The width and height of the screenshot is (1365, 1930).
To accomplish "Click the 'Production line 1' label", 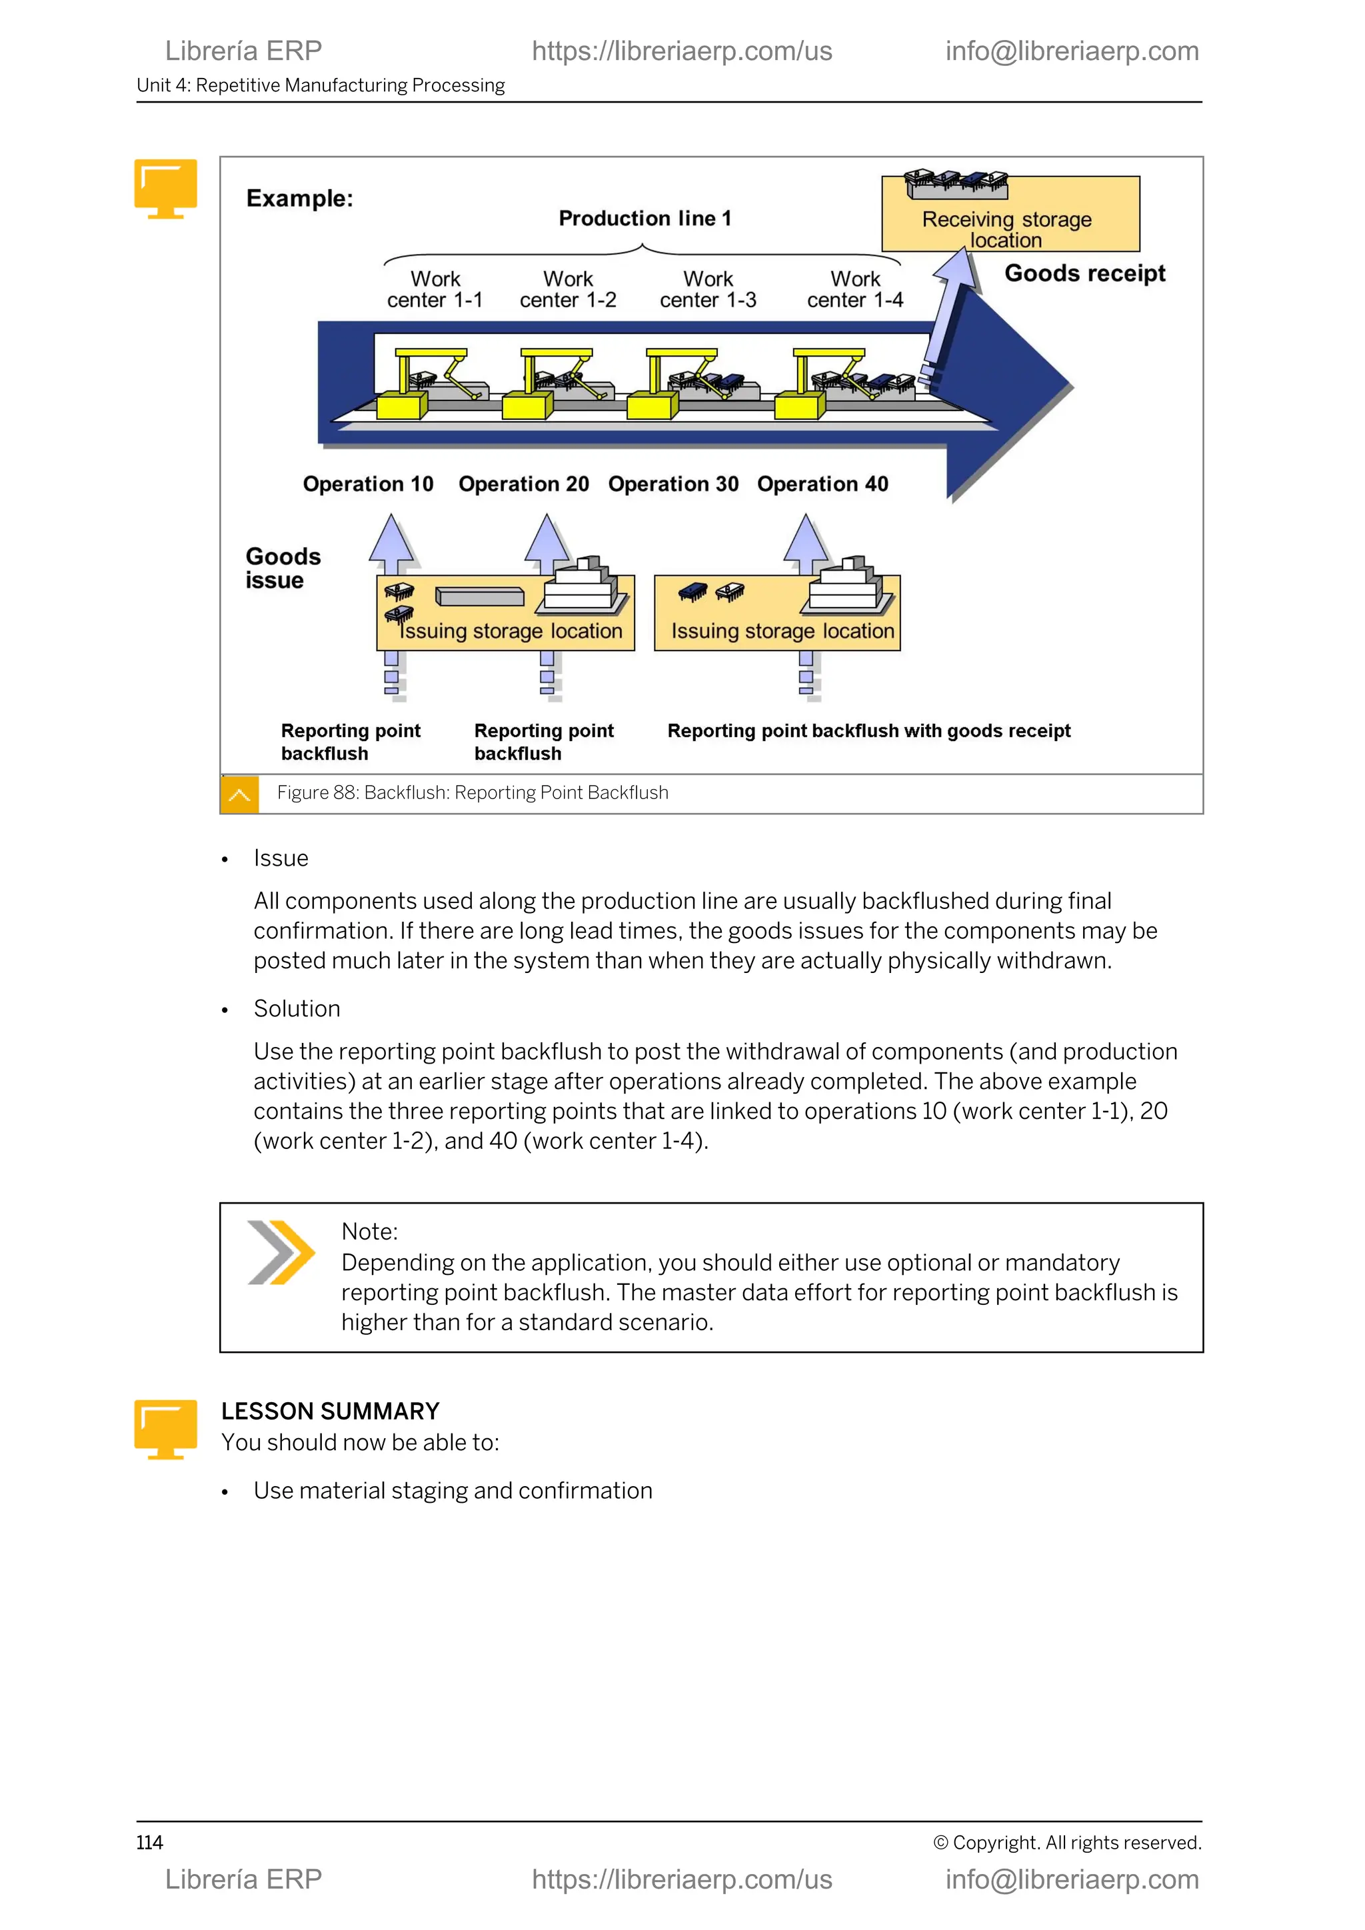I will pos(645,219).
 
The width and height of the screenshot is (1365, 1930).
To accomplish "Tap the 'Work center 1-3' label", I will pos(708,289).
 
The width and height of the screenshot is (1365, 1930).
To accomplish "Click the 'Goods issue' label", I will pos(283,568).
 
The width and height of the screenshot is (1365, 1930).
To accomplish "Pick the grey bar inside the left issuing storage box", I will pos(480,597).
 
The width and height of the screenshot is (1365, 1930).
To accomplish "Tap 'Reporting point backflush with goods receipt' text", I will pos(868,730).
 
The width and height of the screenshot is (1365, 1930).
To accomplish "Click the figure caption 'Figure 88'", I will pos(473,792).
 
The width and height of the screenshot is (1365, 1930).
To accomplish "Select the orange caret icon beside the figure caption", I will pos(239,794).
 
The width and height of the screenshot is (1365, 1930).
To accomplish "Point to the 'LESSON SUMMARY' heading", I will pos(331,1411).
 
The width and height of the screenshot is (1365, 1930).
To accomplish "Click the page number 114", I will pos(149,1842).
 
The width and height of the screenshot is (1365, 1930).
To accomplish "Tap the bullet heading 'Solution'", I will pos(297,1009).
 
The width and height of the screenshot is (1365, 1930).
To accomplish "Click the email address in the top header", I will pos(1072,51).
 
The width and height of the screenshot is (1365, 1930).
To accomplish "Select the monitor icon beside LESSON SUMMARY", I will pos(165,1428).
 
